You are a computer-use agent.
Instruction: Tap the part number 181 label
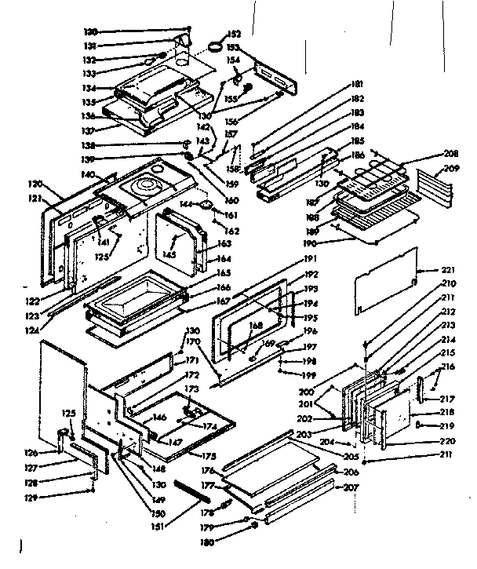358,84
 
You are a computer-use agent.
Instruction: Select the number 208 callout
450,154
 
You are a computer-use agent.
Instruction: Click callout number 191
311,258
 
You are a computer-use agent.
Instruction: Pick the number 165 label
223,272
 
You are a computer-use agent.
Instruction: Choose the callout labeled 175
209,456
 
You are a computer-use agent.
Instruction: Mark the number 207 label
351,487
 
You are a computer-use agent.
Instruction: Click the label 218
446,412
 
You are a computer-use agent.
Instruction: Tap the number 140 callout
86,173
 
